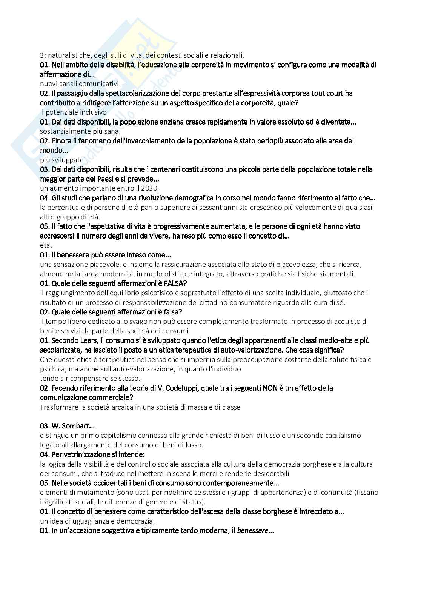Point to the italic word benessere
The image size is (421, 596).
click(252, 531)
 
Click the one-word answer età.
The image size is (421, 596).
click(46, 245)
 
